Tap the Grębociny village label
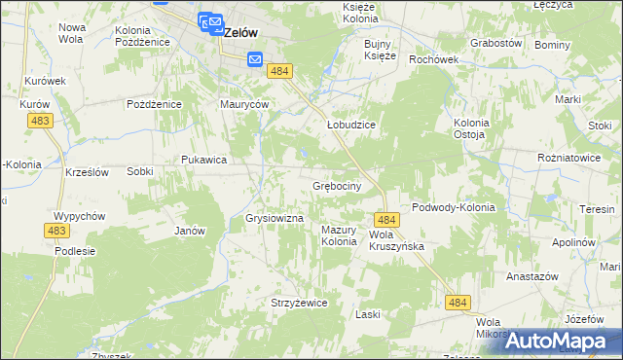pos(337,185)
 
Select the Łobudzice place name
pos(350,126)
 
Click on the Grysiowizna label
pos(275,218)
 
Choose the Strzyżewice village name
pos(299,303)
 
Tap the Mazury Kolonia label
pos(341,235)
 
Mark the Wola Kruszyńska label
pos(396,241)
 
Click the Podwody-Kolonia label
pos(454,207)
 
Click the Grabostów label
pos(496,44)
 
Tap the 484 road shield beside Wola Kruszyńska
pos(385,221)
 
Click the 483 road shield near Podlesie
pos(55,231)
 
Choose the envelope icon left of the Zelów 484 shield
pos(254,59)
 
